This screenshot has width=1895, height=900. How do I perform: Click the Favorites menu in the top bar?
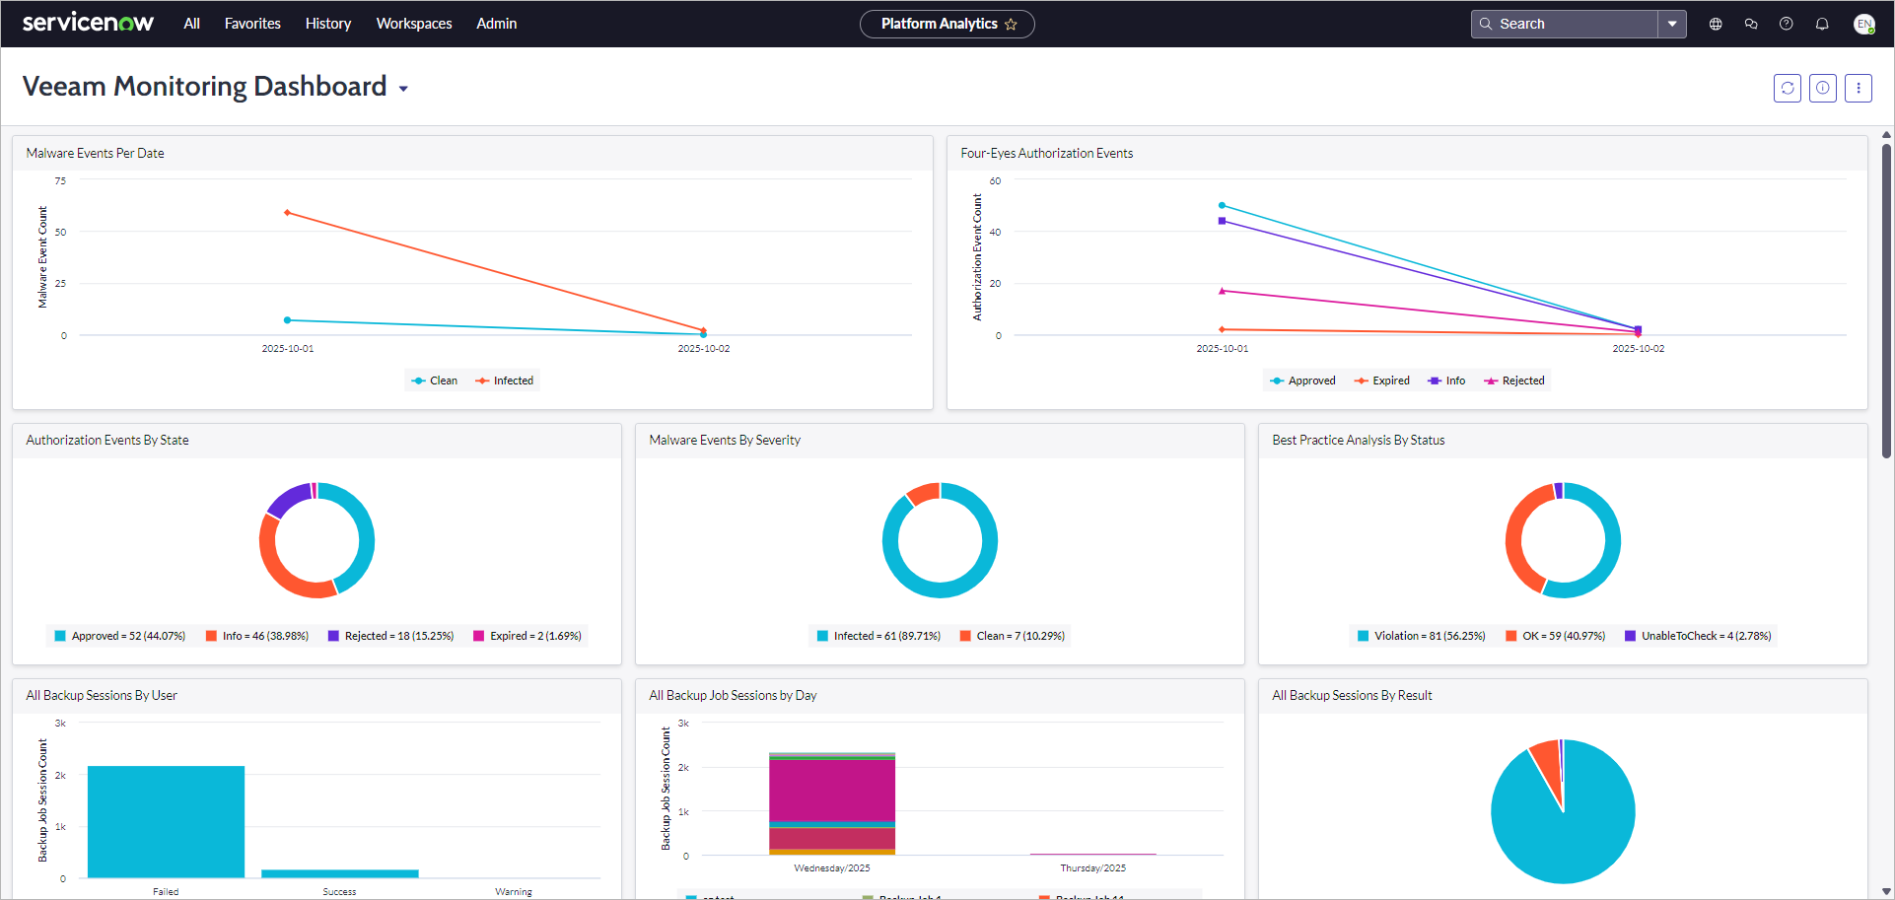252,24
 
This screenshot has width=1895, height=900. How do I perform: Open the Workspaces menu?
414,24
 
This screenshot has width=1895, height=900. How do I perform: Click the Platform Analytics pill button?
946,24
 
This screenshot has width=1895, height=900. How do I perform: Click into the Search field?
1568,24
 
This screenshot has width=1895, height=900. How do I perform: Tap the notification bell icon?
1822,24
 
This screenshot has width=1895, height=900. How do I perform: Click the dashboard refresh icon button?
1787,88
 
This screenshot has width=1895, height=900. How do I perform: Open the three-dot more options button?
1858,88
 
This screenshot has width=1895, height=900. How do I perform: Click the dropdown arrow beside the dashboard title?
403,89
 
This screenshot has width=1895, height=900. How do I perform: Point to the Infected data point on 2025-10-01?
287,212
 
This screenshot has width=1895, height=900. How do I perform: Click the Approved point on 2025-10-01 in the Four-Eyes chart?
1222,205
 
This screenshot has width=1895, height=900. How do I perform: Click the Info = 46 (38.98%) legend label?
264,636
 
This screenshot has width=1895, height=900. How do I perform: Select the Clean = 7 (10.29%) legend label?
1019,636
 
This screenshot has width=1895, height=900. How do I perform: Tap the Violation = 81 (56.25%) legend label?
1429,636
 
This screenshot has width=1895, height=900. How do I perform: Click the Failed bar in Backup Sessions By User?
166,821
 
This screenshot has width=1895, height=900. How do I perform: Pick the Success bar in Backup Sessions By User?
339,873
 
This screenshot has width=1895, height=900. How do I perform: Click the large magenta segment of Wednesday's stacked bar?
831,790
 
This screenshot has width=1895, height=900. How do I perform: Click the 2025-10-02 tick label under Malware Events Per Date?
703,349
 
